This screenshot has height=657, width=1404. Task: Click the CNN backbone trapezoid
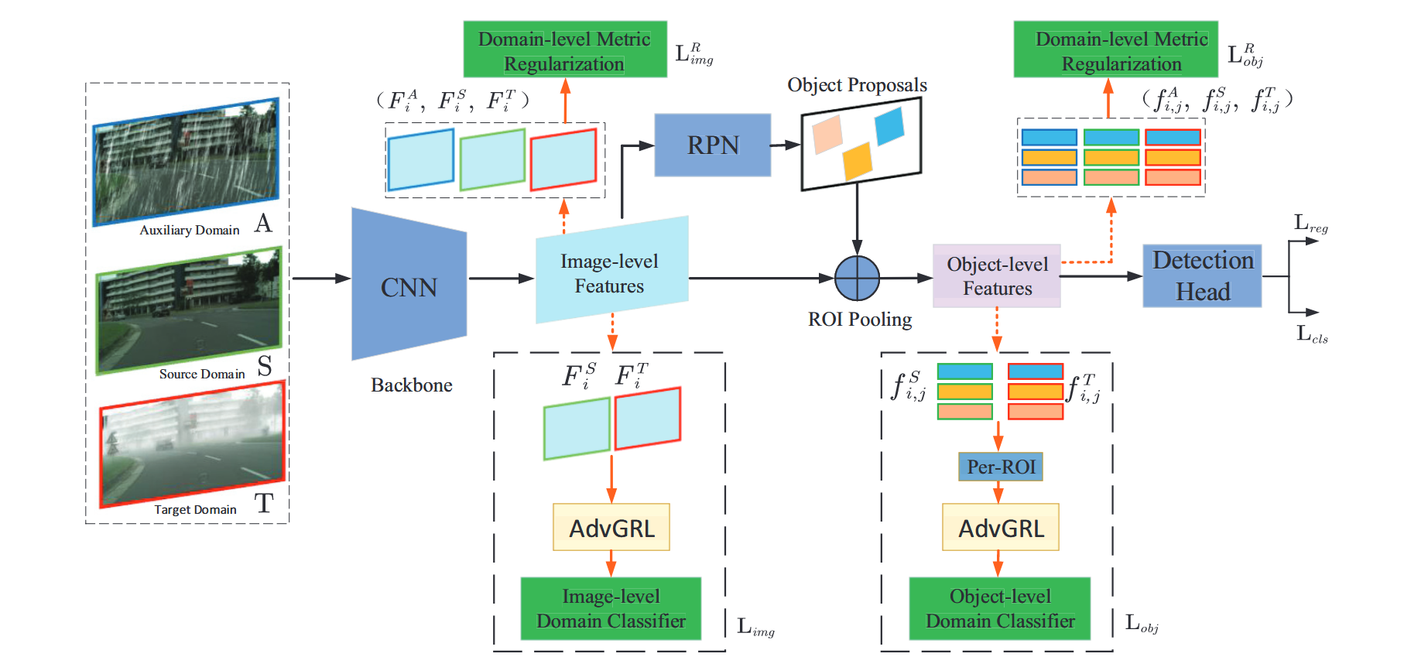tap(409, 285)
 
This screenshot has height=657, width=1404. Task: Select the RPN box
tap(712, 145)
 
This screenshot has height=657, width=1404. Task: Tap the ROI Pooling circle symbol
tap(857, 278)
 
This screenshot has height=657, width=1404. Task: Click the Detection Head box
tap(1202, 276)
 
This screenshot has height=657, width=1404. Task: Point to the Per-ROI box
tap(1000, 467)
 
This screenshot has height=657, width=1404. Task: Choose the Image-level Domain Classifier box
tap(611, 608)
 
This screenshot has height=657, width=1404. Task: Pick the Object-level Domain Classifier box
tap(999, 608)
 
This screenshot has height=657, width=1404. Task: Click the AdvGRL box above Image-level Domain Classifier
tap(611, 528)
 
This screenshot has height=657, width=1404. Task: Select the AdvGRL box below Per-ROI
tap(1000, 528)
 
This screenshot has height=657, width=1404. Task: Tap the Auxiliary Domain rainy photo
tap(186, 163)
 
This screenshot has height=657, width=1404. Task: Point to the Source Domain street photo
tap(188, 310)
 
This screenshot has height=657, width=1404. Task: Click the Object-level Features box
tap(997, 276)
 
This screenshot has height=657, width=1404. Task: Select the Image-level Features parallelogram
tap(611, 271)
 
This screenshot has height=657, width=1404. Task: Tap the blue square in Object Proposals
tap(889, 126)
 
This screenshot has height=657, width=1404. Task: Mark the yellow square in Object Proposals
tap(857, 161)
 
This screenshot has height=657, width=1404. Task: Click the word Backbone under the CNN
tap(411, 385)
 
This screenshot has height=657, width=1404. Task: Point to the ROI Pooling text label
tap(859, 320)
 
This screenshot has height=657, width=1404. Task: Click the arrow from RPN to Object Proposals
tap(785, 145)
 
